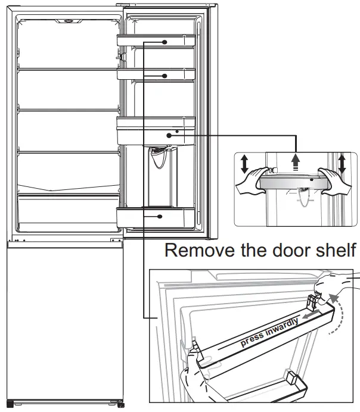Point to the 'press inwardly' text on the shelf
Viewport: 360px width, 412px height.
coord(269,333)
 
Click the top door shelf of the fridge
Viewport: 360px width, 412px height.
coord(156,41)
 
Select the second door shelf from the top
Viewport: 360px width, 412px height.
coord(156,74)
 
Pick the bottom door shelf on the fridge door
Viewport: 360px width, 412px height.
coord(156,217)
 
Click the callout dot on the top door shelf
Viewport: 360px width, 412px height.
coord(163,42)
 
